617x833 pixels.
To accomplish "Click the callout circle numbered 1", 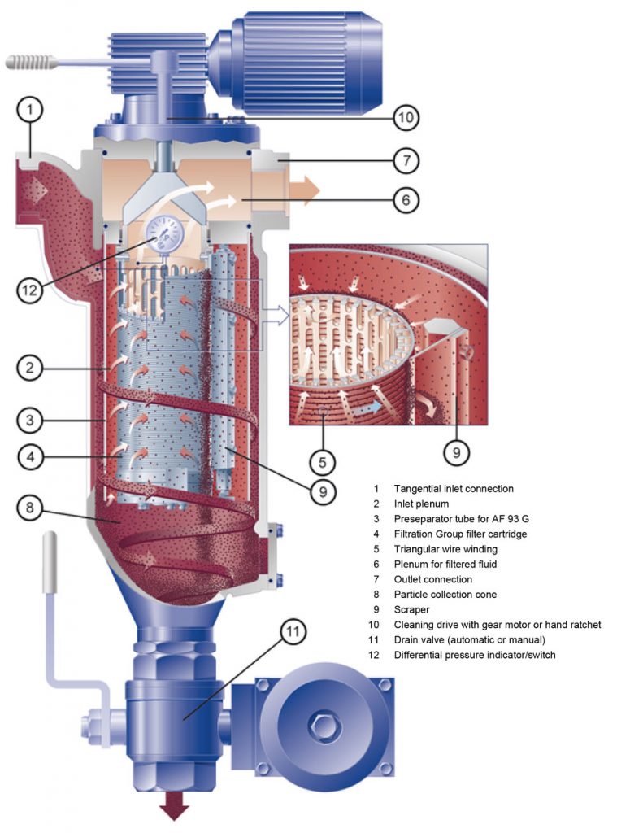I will (29, 108).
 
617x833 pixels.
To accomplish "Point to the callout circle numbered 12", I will (29, 290).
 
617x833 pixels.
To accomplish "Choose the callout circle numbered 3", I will (29, 421).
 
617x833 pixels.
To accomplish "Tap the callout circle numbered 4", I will (29, 457).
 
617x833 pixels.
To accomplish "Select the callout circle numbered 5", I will (323, 463).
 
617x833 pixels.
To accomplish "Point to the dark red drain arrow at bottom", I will (173, 809).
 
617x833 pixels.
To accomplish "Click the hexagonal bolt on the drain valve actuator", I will (319, 721).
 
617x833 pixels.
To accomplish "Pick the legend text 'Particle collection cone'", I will (445, 594).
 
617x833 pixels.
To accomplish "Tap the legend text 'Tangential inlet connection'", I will (454, 489).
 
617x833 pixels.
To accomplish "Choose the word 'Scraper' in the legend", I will (411, 609).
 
